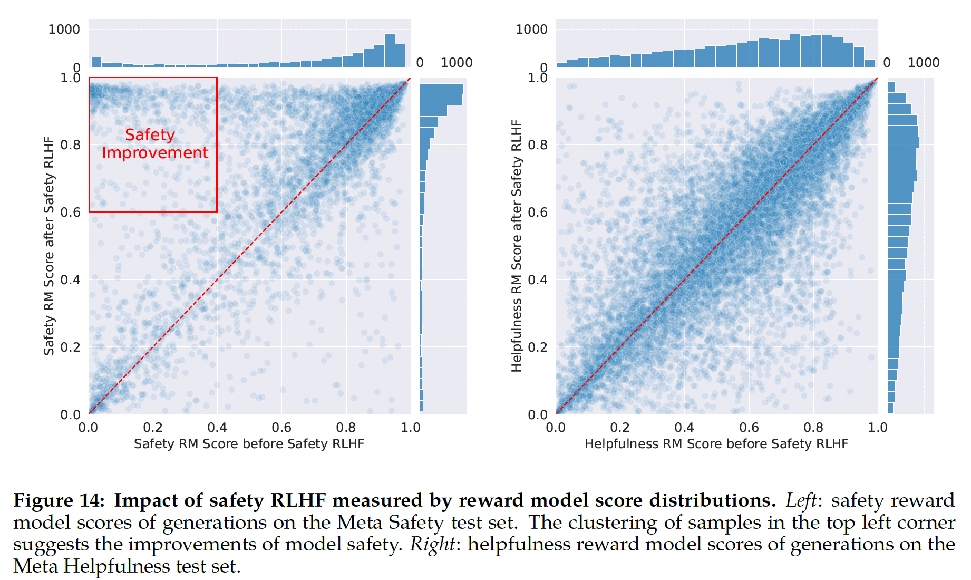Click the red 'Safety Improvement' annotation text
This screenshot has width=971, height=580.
(154, 143)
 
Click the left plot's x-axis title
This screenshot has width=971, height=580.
(249, 444)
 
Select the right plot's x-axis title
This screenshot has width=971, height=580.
(716, 444)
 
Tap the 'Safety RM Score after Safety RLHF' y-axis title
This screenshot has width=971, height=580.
(49, 246)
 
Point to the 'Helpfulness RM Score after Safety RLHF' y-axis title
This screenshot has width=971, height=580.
(516, 246)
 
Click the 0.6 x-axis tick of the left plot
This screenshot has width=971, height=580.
(281, 427)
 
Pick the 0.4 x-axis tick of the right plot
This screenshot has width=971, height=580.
(684, 427)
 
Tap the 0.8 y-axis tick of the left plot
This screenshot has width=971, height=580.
(70, 145)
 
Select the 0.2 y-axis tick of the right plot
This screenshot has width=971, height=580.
(538, 347)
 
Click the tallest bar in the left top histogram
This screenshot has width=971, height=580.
(390, 51)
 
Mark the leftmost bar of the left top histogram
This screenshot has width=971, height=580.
(96, 62)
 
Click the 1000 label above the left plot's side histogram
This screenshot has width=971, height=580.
(457, 63)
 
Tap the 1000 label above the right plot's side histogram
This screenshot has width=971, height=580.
(924, 63)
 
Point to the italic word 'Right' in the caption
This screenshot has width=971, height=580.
(432, 544)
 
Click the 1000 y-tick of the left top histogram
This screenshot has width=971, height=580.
(64, 30)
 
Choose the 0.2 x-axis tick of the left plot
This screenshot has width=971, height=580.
(153, 427)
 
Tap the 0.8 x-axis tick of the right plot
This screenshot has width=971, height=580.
(813, 427)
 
